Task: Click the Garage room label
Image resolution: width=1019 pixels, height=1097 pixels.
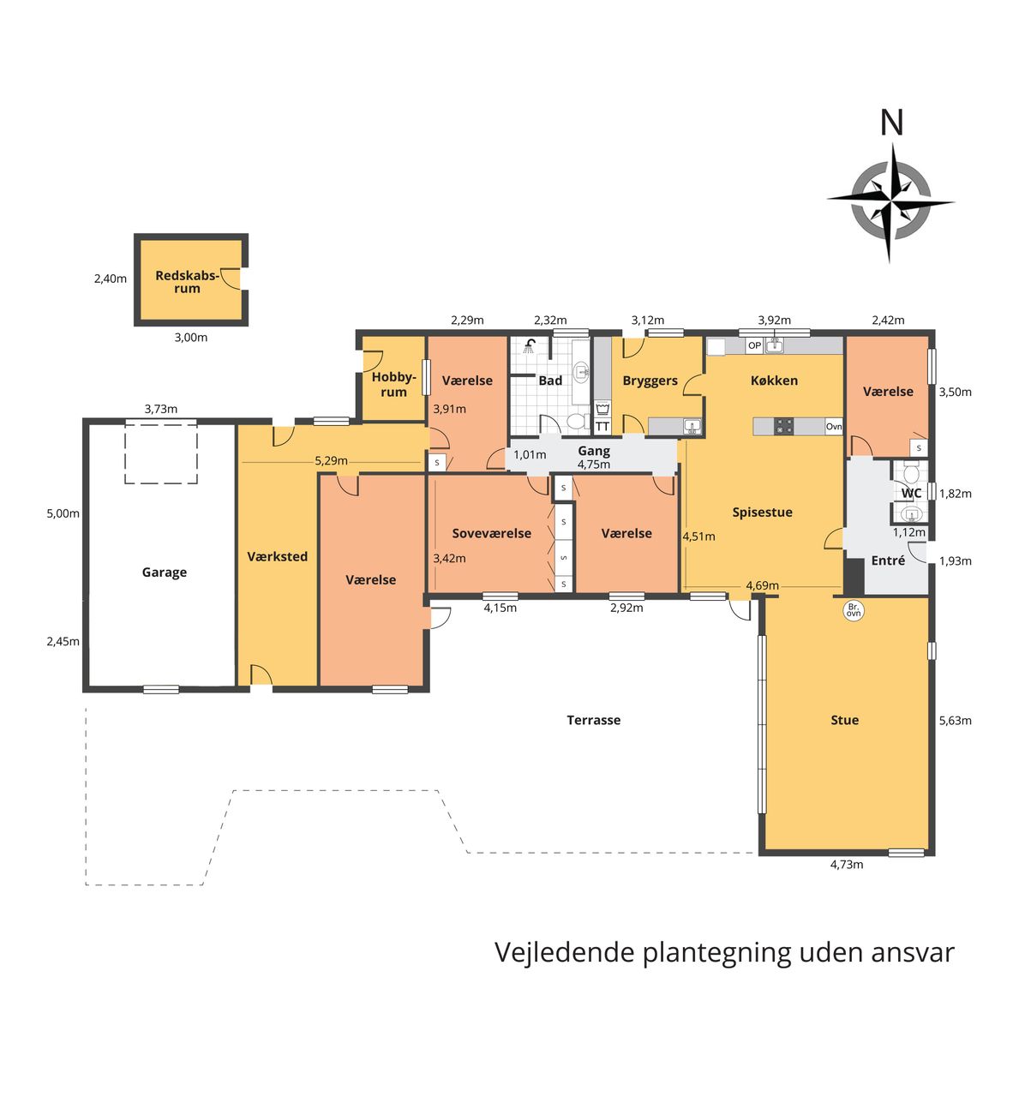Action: [165, 572]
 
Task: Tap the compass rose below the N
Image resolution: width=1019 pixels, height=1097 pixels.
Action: [890, 203]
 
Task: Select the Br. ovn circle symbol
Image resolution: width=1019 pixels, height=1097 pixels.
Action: [854, 610]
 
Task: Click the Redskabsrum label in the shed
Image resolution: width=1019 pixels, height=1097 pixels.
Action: [187, 282]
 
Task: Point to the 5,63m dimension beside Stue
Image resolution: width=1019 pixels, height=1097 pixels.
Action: [956, 720]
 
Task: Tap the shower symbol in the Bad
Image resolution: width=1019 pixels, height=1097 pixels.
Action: [530, 345]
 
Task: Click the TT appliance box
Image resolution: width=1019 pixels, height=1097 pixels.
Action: [602, 427]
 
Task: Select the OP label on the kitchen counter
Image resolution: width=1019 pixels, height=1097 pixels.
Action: [754, 345]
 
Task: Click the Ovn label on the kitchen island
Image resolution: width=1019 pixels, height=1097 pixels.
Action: [833, 427]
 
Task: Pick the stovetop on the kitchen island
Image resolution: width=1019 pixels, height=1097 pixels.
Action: [784, 427]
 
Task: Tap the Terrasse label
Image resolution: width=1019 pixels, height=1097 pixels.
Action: [594, 720]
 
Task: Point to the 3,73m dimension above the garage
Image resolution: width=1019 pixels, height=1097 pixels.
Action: [161, 409]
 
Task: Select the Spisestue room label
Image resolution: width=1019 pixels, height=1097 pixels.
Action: [762, 512]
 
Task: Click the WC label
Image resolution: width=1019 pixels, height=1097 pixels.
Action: [911, 493]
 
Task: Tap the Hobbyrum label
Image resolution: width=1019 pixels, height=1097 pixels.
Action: [393, 385]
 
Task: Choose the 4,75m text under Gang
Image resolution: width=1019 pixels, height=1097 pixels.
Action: [594, 464]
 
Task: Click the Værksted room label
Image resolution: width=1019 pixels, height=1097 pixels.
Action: [278, 556]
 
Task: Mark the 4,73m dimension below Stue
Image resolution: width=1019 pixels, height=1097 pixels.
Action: [847, 865]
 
